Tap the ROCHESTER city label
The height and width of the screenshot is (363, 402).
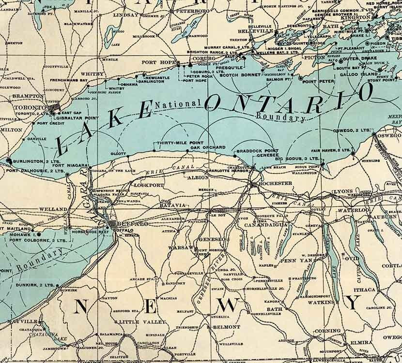pos(276,184)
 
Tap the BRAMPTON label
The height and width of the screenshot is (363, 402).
pos(28,96)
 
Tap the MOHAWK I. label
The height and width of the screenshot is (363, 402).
pos(20,233)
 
